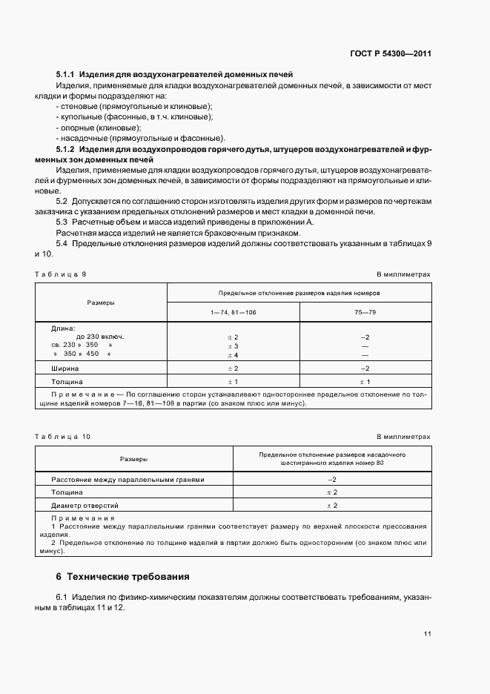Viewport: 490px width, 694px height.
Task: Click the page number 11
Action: pos(426,633)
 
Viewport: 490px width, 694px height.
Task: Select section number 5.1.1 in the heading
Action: pos(65,75)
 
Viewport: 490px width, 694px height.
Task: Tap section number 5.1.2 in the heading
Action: pos(65,150)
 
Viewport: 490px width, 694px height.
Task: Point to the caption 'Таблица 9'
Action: pos(61,274)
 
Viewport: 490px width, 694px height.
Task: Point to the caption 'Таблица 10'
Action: pos(63,437)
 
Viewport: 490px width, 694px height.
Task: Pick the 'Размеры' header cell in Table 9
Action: pos(101,303)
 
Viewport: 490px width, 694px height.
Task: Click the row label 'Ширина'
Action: pos(65,368)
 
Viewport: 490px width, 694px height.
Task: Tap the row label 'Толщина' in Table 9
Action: pos(67,381)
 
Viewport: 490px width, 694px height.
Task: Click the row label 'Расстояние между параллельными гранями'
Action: pos(127,480)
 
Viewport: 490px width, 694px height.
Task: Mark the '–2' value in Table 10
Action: pos(332,480)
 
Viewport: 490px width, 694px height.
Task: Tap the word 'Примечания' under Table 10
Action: pos(83,518)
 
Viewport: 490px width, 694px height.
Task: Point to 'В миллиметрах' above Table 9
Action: pos(403,274)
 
